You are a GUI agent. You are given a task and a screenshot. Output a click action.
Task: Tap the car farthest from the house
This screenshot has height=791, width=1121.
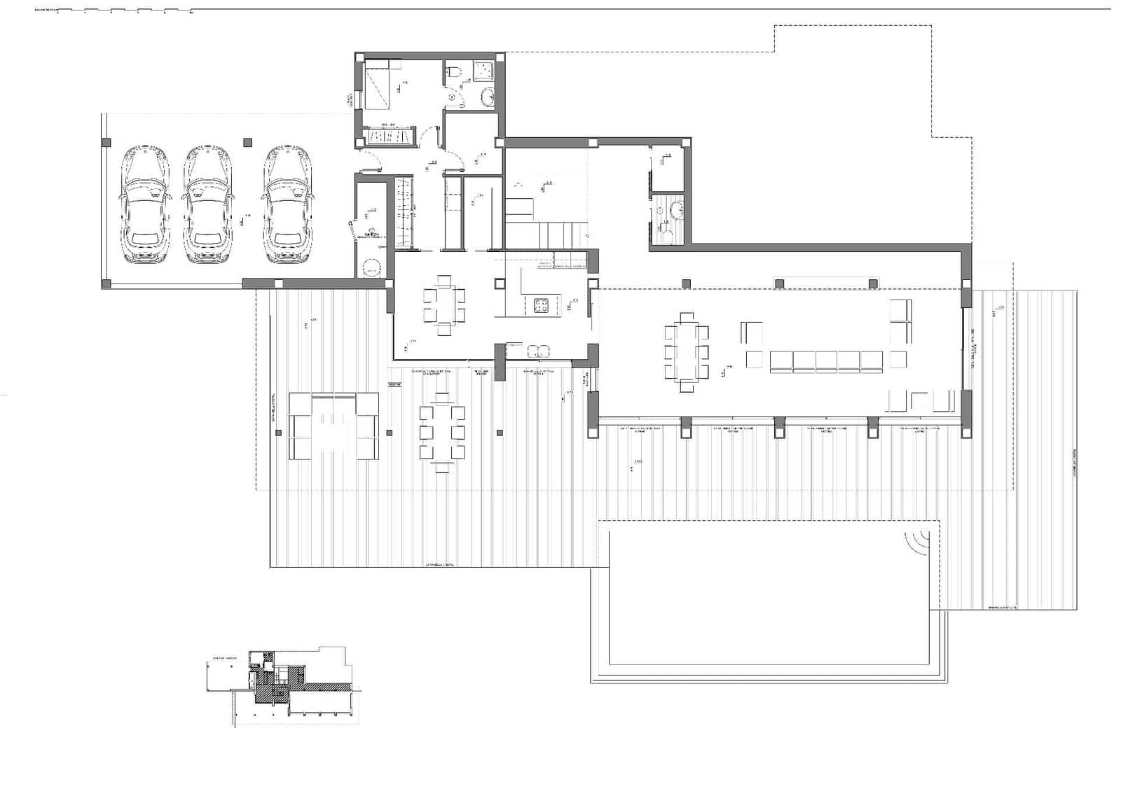coord(146,204)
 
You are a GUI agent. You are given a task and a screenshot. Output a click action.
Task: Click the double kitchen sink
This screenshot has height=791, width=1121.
coord(538,351)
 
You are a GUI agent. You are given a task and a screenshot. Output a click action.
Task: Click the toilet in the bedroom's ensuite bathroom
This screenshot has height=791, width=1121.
coord(454,70)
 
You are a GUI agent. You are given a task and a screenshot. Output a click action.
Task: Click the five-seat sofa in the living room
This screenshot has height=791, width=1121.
coord(826,361)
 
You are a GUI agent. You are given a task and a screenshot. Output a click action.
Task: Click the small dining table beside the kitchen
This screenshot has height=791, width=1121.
coord(443,305)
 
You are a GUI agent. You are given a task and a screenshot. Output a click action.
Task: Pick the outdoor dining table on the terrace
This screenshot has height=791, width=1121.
coord(442,433)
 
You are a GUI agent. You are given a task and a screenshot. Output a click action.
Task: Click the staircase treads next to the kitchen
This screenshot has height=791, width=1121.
coord(546,232)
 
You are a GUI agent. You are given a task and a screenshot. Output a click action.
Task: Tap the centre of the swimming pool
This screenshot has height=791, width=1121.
coord(769,597)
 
